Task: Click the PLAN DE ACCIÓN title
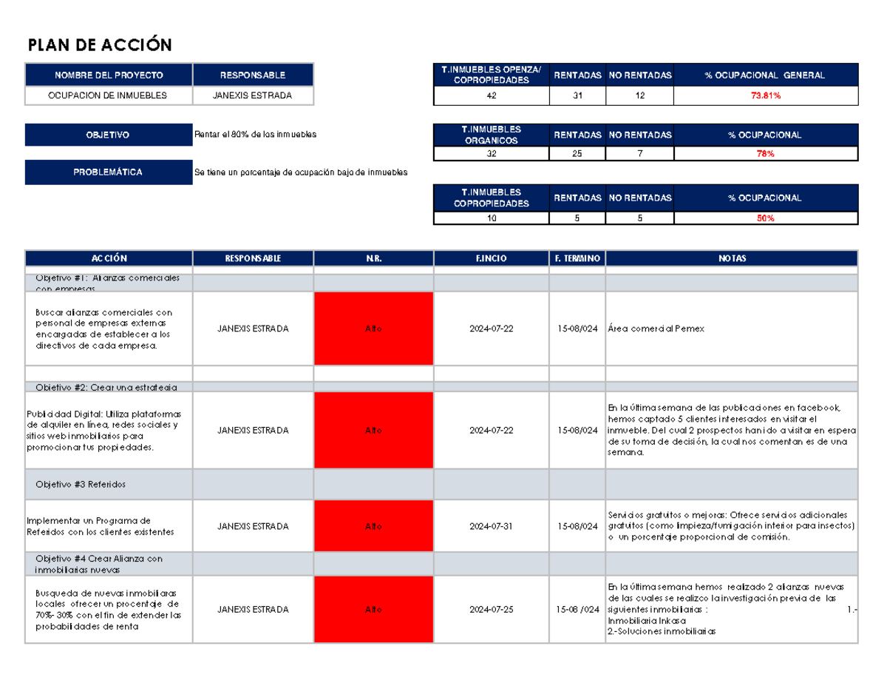coord(100,46)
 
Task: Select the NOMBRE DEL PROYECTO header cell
coord(109,75)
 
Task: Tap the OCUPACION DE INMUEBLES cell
coord(109,95)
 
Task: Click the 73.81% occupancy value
coord(764,96)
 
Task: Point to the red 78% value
coord(764,154)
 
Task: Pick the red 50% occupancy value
coord(764,218)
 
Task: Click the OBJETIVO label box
coord(109,135)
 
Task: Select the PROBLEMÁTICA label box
coord(109,172)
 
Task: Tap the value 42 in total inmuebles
coord(492,96)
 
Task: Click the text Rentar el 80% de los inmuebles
coord(255,135)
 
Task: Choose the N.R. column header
coord(373,258)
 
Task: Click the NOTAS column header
coord(731,258)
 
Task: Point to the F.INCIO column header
coord(491,258)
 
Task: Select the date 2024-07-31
coord(491,526)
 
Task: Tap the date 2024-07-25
coord(491,610)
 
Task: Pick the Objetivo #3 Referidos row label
coord(81,484)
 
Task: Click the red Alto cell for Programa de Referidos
coord(373,526)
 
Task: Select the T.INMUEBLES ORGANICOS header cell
coord(492,135)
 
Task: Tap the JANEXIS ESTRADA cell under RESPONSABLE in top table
coord(252,95)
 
